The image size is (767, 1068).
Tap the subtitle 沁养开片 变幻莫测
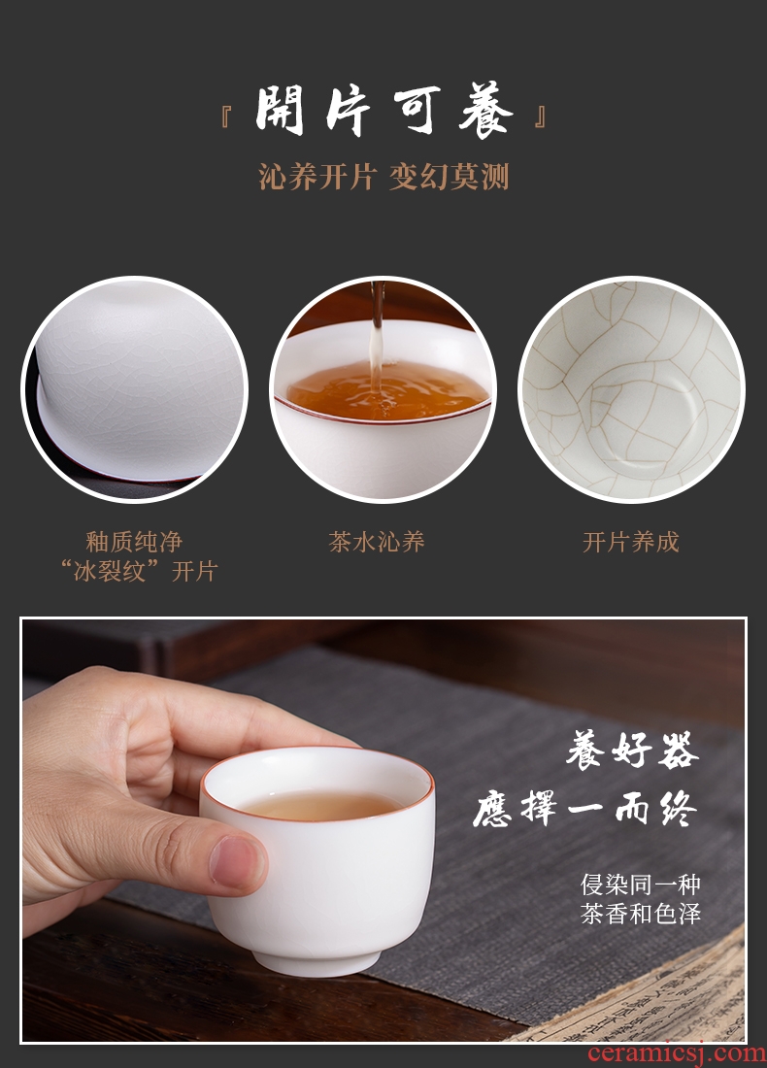click(x=383, y=177)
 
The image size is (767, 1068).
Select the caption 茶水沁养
click(x=377, y=542)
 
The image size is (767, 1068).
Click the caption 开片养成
click(x=631, y=542)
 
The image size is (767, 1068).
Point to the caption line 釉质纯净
click(x=134, y=542)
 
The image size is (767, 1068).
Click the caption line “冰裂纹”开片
click(x=138, y=571)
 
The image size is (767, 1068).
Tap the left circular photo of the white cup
click(x=135, y=389)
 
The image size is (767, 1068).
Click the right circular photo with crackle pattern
click(x=631, y=389)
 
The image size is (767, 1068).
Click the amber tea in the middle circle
click(x=386, y=391)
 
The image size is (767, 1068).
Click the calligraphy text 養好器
click(x=631, y=751)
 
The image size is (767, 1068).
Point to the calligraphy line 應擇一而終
click(x=585, y=809)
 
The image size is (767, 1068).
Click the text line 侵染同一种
click(x=641, y=884)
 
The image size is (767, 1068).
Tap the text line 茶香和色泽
click(x=641, y=914)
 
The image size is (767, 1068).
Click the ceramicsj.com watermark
click(x=677, y=1053)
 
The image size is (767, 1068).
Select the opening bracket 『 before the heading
click(x=227, y=117)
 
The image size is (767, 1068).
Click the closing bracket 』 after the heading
click(x=540, y=117)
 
